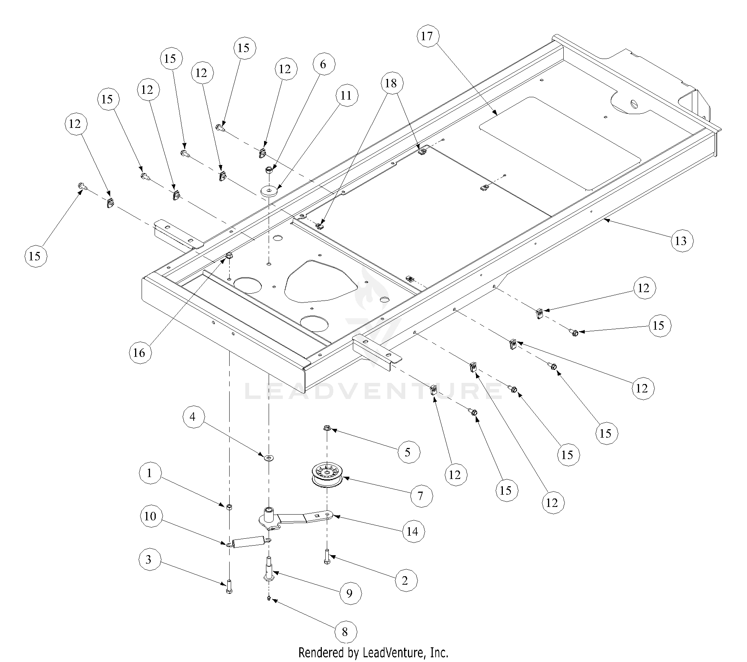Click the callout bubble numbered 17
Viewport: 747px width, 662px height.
[427, 36]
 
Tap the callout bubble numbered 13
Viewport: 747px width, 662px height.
[682, 241]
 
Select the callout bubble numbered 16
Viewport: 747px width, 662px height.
[139, 352]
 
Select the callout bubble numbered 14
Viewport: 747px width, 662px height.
[413, 531]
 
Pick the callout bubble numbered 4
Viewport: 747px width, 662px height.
[193, 417]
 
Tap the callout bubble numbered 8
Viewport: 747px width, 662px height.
[345, 632]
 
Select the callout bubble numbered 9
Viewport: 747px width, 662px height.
[349, 593]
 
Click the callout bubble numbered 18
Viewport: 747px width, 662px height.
[391, 83]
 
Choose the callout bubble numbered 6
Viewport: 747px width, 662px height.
[323, 64]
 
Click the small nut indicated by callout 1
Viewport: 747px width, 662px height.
[229, 507]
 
